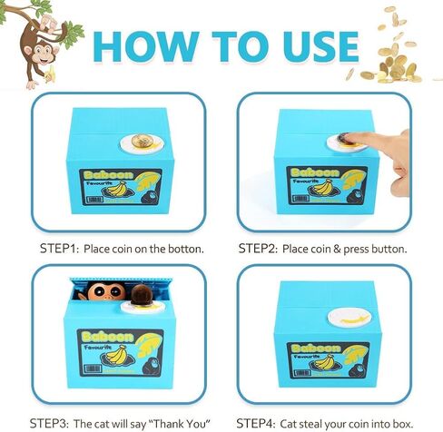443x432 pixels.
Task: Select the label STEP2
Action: click(x=257, y=248)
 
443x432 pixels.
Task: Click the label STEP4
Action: click(x=257, y=422)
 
